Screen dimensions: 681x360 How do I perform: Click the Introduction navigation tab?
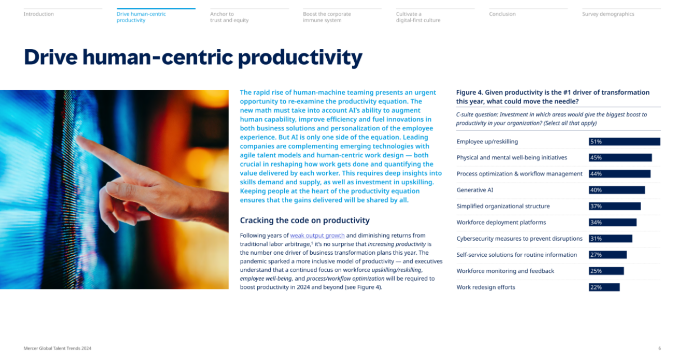38,14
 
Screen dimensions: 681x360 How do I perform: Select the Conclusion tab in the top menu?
502,14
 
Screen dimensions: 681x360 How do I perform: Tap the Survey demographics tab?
608,14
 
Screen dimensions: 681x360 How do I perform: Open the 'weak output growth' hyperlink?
317,236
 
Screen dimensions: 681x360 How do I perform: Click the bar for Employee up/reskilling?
624,142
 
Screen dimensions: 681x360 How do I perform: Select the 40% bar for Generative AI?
617,190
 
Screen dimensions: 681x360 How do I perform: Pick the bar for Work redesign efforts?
604,287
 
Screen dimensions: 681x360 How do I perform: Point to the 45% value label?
596,158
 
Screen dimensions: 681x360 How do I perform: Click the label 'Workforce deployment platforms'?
501,222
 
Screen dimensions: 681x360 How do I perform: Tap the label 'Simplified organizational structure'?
503,206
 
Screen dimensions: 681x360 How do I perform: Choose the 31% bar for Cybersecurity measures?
610,239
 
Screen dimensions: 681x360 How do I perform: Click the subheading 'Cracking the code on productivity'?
304,220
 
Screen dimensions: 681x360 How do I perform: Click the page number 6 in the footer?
659,349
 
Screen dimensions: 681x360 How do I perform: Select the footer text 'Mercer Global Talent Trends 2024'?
58,349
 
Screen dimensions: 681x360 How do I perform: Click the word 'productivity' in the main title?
300,58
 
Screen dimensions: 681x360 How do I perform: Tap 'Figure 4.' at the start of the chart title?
469,92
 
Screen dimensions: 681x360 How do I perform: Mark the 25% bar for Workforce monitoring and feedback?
606,271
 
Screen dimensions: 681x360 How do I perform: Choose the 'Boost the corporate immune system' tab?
327,17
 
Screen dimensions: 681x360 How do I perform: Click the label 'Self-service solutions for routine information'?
517,255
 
